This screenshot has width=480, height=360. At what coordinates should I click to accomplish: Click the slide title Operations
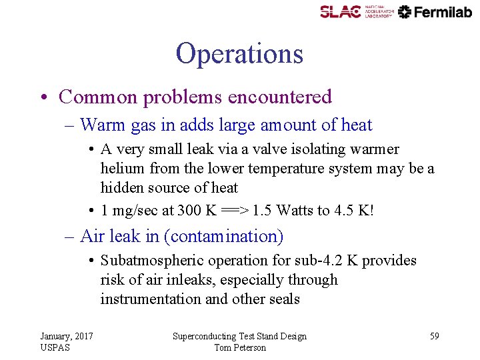[x=239, y=53]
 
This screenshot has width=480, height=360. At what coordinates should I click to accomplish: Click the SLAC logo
[x=340, y=11]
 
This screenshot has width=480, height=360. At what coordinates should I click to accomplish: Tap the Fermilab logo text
[x=443, y=11]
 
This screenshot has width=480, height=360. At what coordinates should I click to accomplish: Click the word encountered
[x=279, y=97]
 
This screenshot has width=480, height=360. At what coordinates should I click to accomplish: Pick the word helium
[x=119, y=169]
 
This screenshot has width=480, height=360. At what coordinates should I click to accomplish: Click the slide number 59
[x=434, y=336]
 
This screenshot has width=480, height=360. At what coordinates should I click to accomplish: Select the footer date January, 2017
[x=67, y=336]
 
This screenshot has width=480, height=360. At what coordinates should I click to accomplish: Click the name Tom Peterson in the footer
[x=240, y=347]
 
